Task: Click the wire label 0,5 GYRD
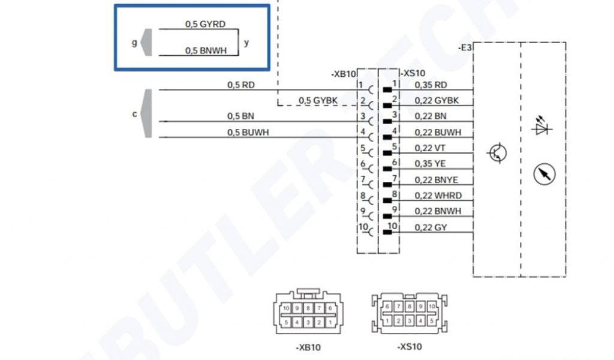[205, 25]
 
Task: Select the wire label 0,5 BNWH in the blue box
[206, 51]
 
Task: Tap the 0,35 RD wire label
[431, 85]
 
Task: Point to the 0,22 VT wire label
[429, 148]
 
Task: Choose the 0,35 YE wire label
[430, 163]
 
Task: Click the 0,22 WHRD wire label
[438, 195]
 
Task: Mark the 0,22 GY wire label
[431, 227]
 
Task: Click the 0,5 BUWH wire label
[248, 132]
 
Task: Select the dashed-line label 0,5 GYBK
[318, 100]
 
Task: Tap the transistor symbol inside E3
[497, 153]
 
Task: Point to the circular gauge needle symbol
[544, 174]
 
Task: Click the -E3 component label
[465, 47]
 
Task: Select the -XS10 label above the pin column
[412, 73]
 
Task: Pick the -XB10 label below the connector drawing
[308, 347]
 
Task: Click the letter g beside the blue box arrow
[134, 43]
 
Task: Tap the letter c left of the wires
[134, 113]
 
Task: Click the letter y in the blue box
[246, 43]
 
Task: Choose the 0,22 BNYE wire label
[438, 179]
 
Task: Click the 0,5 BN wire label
[241, 116]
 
